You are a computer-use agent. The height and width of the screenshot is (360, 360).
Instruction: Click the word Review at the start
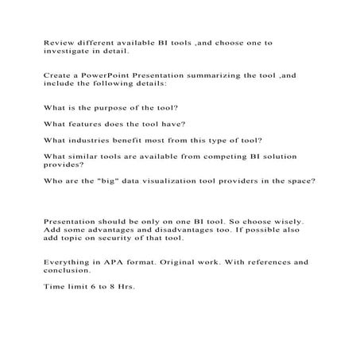56,40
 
